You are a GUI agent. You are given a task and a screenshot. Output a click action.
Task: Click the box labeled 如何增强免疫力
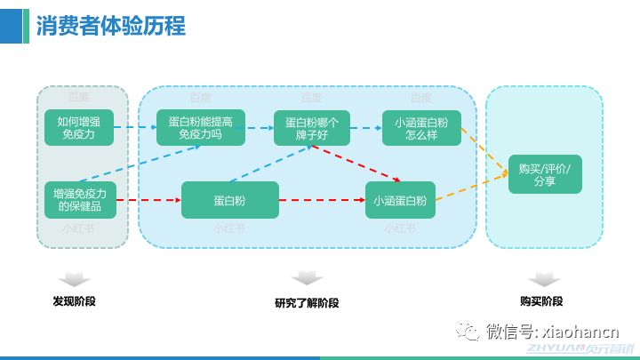[x=80, y=127]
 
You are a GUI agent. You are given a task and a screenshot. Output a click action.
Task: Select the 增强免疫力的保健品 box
[x=80, y=199]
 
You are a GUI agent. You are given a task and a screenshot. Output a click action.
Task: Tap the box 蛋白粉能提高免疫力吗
[x=200, y=127]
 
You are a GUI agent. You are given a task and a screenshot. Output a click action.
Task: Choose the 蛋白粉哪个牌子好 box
[x=311, y=127]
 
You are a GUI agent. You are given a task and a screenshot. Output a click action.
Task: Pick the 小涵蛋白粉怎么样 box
[x=422, y=127]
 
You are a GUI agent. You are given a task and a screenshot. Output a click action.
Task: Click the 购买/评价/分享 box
[x=545, y=174]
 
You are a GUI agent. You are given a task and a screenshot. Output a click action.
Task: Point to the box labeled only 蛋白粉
[x=229, y=200]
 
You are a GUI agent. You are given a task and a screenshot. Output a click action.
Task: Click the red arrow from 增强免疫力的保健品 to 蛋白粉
[x=148, y=200]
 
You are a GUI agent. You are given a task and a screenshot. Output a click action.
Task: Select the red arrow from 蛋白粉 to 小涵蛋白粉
[x=321, y=200]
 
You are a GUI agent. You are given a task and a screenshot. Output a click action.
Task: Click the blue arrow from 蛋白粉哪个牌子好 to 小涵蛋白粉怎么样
[x=365, y=127]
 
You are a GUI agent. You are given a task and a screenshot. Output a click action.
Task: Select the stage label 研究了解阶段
[x=307, y=302]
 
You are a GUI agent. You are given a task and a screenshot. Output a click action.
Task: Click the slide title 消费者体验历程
[x=110, y=26]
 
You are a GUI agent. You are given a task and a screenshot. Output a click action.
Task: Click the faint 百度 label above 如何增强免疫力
[x=79, y=96]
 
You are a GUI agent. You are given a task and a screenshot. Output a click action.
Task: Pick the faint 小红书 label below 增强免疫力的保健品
[x=79, y=228]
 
